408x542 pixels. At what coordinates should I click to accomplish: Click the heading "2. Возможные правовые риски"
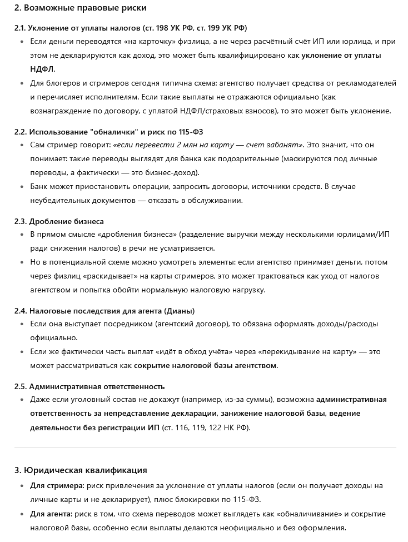click(x=80, y=8)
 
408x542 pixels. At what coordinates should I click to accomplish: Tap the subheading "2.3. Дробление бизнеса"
click(x=59, y=221)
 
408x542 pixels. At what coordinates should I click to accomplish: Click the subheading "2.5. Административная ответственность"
click(x=89, y=386)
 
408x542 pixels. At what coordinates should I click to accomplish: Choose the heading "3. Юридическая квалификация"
click(x=80, y=470)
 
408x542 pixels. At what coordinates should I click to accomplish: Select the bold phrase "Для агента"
click(x=51, y=513)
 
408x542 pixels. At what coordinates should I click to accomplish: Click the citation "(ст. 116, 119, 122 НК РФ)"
click(x=206, y=427)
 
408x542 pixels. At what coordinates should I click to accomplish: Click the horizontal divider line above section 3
click(x=205, y=447)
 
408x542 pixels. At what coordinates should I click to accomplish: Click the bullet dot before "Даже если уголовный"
click(x=22, y=400)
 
